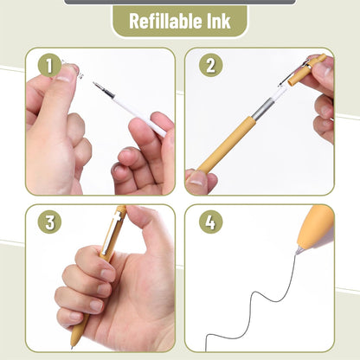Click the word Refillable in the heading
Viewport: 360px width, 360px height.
coord(165,21)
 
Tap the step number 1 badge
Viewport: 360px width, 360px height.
coord(49,66)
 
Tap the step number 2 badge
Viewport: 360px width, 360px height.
coord(210,66)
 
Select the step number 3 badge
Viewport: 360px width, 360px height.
coord(49,222)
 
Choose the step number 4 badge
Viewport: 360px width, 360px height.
coord(210,222)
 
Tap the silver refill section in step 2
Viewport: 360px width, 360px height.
coord(262,108)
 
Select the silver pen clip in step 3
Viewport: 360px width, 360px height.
coord(112,232)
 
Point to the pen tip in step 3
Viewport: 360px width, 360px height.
coord(72,347)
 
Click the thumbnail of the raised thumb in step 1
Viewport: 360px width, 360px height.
coord(67,73)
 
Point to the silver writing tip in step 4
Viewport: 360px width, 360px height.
coord(299,250)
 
